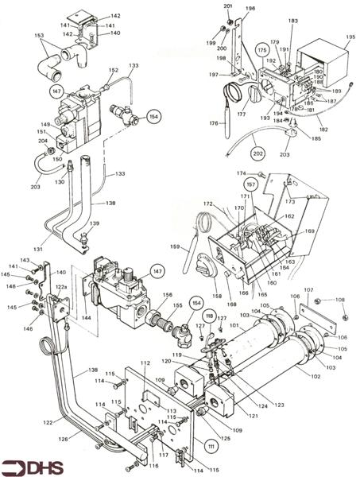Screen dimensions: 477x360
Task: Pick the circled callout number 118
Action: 210,318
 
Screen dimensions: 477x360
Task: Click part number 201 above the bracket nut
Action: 227,6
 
